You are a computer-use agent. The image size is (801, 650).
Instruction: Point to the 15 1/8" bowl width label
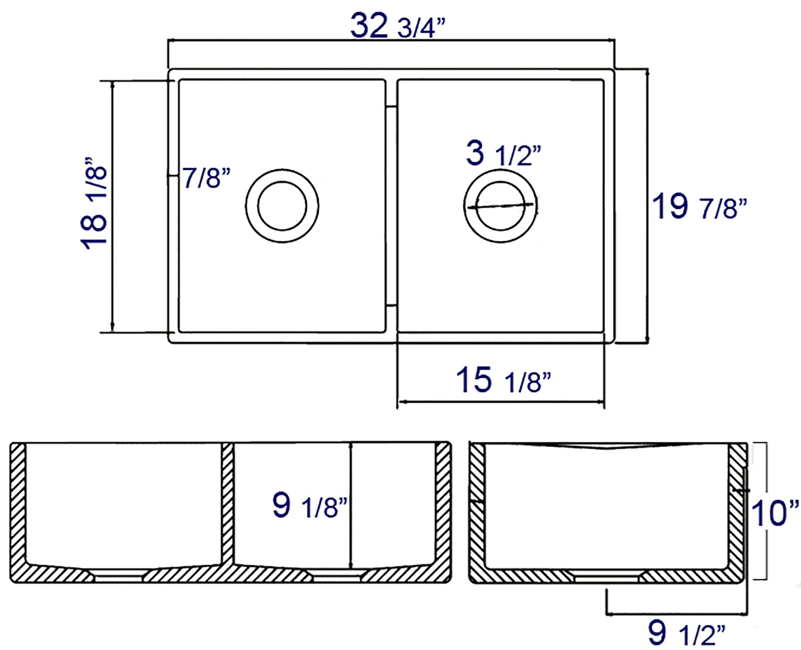[502, 380]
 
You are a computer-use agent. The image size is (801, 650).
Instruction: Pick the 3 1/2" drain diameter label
[502, 154]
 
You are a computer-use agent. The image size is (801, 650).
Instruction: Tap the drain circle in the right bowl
[500, 206]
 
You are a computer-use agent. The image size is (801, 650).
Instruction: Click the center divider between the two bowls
[391, 206]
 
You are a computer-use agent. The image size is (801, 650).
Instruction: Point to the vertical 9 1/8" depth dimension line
[351, 505]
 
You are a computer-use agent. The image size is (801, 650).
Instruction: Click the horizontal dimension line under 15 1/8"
[500, 401]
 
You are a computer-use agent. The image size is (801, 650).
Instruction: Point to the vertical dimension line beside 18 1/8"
[112, 206]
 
